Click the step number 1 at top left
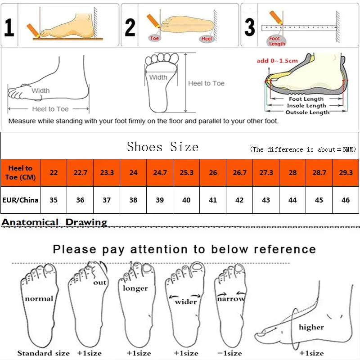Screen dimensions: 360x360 point(9,27)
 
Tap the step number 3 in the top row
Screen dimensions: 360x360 point(249,27)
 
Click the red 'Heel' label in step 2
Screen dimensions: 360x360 point(207,39)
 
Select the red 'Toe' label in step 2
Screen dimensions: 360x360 point(155,38)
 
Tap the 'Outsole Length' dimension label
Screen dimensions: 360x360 point(307,112)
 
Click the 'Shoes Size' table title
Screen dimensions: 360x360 point(162,147)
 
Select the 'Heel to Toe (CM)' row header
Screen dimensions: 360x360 point(20,172)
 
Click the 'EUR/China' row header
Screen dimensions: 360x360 point(20,200)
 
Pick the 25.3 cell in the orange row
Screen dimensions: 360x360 point(186,172)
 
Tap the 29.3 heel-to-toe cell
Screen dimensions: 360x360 point(346,172)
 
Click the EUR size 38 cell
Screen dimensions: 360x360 point(133,200)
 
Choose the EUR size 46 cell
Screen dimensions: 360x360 point(346,200)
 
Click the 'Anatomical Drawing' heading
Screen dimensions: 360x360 point(54,222)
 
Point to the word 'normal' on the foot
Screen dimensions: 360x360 point(39,298)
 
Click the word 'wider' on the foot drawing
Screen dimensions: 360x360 point(186,301)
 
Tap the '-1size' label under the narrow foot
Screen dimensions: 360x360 point(229,353)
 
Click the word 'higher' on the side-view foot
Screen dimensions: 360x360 point(311,327)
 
